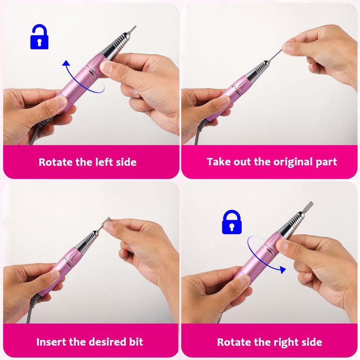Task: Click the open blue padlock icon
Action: pos(39,37)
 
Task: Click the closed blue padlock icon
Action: pos(232,222)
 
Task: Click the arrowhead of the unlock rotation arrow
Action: pos(66,63)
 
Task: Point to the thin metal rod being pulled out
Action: pos(275,56)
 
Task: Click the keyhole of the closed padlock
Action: pos(232,227)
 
